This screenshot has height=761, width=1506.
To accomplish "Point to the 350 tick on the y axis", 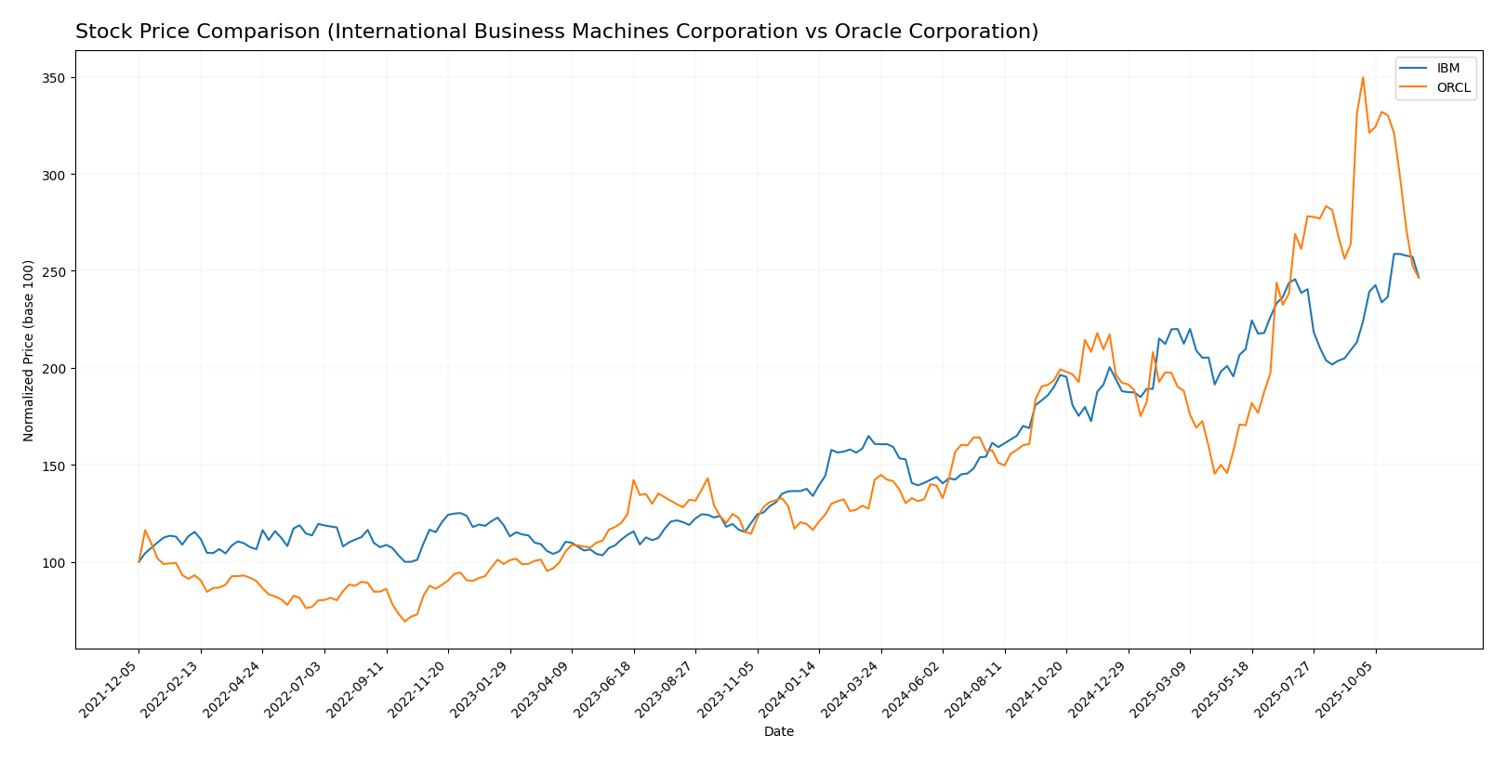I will click(x=56, y=78).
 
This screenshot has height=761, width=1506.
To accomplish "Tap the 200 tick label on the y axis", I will click(x=56, y=369).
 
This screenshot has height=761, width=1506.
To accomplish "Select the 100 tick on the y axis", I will click(x=56, y=563).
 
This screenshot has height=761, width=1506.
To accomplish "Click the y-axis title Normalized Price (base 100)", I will click(x=29, y=350).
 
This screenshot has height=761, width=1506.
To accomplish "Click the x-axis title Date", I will click(x=778, y=732).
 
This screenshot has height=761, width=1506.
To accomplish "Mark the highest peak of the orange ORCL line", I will click(x=1363, y=77).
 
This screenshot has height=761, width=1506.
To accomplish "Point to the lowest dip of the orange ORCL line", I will click(x=404, y=622).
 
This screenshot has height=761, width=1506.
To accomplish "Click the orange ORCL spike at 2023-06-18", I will click(x=633, y=480).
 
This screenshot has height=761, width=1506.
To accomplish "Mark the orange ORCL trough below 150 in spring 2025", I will click(x=1214, y=474).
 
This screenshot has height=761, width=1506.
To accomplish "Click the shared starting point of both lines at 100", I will click(x=139, y=562).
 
